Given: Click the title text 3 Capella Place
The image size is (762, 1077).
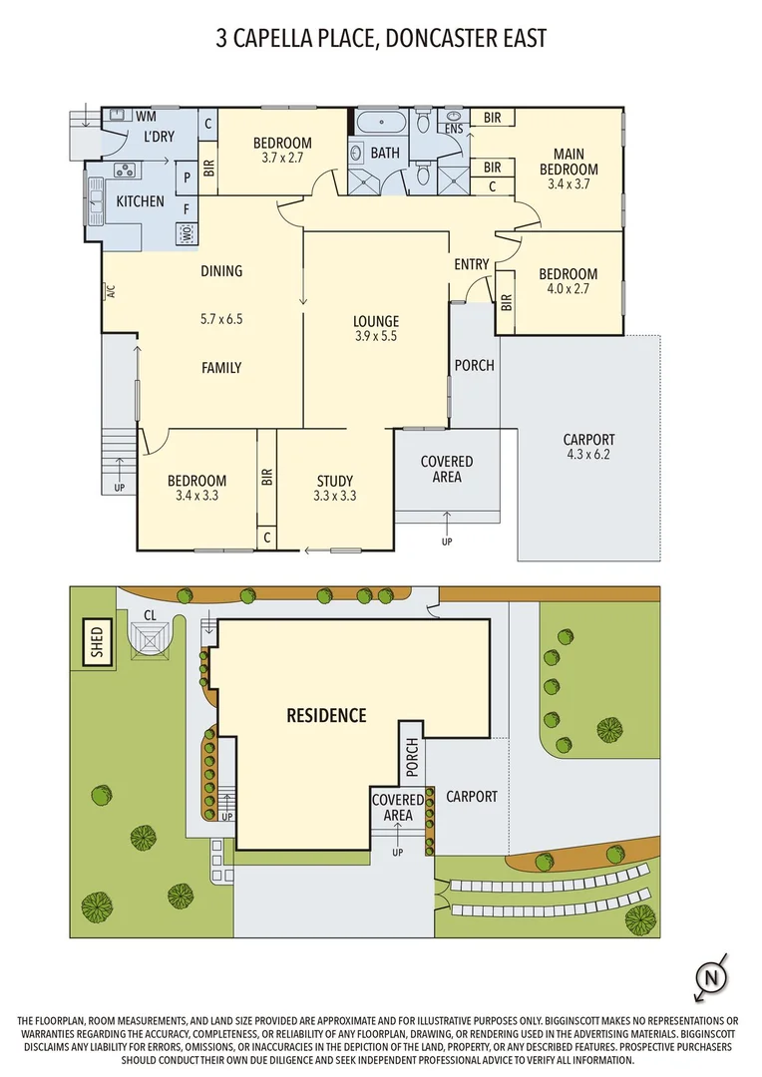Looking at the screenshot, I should tap(381, 39).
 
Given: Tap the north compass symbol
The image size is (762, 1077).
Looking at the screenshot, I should tap(709, 977).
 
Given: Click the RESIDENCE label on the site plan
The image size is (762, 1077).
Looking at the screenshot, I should tap(326, 715).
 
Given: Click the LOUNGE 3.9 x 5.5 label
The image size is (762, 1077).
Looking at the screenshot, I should tap(375, 329).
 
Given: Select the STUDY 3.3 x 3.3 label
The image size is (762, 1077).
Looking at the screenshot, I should tap(334, 488).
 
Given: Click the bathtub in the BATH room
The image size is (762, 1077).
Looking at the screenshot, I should tap(379, 126).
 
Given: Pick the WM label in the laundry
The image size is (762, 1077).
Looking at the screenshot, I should tap(146, 116).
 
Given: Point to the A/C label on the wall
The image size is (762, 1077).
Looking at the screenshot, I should tap(111, 292).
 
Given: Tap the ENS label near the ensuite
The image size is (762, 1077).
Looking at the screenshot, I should tap(455, 129).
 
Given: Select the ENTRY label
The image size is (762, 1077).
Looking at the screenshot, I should tap(472, 264).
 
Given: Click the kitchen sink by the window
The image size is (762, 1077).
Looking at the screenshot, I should tap(97, 201).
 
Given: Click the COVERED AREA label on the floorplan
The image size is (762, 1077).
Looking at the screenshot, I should tap(447, 470).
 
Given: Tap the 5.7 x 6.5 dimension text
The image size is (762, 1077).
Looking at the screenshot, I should tap(221, 319).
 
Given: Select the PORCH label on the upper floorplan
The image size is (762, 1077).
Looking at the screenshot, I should tap(474, 365).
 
